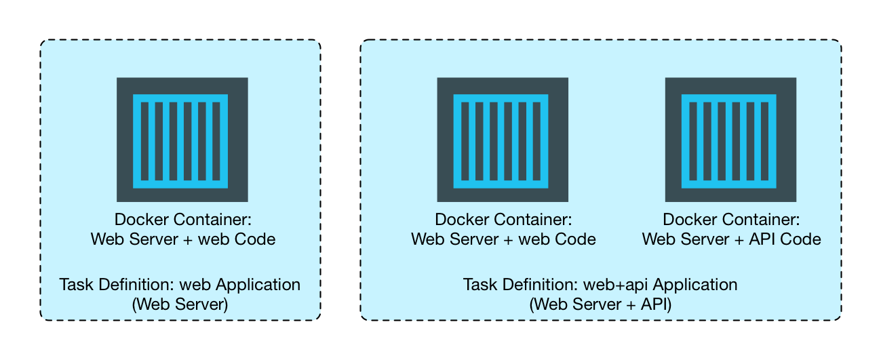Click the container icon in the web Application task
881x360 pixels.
pos(182,140)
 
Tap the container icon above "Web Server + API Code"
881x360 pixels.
pos(730,140)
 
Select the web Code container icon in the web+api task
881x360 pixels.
pos(503,140)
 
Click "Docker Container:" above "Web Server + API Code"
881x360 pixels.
pos(731,220)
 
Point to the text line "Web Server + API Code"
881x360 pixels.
pos(731,239)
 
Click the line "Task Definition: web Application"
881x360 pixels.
pos(180,285)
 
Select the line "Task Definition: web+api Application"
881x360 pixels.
pos(600,285)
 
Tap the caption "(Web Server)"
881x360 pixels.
pos(180,304)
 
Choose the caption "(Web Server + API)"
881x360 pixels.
pos(600,304)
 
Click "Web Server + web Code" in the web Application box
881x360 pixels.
pos(183,239)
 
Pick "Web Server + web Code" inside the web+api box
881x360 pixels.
pos(503,239)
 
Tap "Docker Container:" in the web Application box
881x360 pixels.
pos(183,220)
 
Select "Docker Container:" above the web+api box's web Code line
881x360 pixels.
pos(503,220)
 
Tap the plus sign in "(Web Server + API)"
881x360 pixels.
pos(629,305)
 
